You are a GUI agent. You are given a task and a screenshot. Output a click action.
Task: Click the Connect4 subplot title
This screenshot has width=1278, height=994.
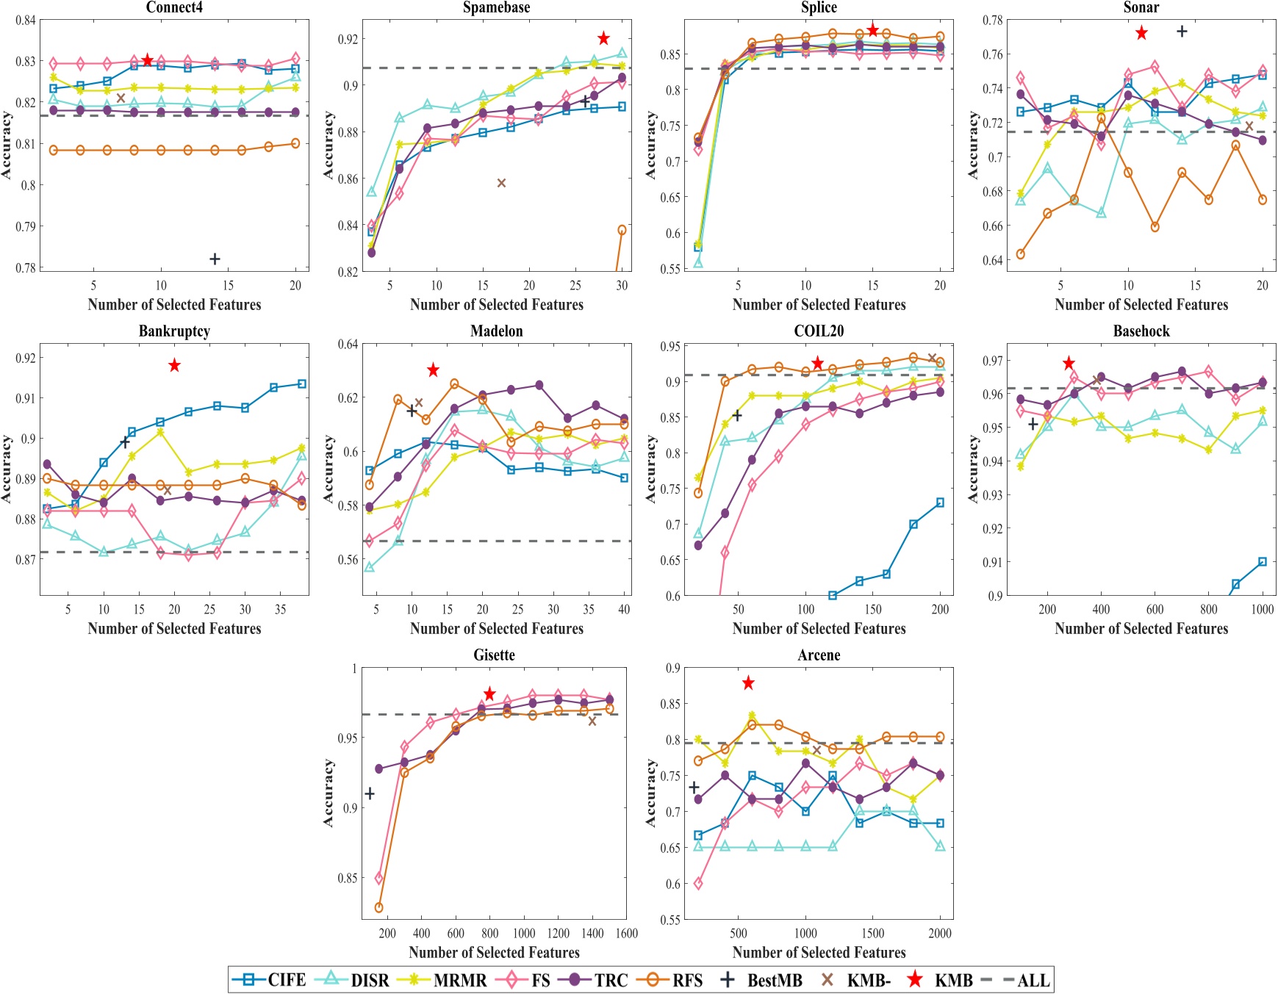[174, 7]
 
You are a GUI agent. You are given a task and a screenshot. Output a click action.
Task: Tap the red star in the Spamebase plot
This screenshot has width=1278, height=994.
[603, 38]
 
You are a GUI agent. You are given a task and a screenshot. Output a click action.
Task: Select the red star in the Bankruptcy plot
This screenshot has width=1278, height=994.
[174, 365]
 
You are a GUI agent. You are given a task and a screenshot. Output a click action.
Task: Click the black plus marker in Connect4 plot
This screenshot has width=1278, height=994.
[215, 259]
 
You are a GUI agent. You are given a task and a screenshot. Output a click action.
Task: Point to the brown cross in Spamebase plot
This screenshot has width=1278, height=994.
[501, 183]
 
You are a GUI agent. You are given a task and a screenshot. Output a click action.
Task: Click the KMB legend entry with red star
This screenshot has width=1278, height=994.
[941, 980]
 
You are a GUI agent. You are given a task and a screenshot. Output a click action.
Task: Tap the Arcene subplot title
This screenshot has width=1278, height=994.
[819, 655]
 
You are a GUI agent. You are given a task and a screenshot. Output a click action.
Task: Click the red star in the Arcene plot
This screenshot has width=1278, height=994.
[748, 683]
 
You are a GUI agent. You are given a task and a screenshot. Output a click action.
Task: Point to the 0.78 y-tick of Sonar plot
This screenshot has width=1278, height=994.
[994, 20]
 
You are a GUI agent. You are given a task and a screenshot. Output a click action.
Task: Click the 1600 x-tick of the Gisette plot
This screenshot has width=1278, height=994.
[626, 933]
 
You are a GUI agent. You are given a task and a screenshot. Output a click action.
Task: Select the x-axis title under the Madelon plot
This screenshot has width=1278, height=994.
[497, 629]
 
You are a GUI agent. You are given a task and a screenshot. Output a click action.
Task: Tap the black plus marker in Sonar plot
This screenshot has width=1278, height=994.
[1182, 31]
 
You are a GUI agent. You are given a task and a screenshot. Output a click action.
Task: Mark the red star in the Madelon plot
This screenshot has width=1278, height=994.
[433, 370]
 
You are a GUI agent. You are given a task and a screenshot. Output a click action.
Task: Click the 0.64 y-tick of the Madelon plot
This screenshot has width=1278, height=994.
[348, 344]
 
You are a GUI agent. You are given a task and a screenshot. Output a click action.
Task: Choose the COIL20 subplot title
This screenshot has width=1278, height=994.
[819, 331]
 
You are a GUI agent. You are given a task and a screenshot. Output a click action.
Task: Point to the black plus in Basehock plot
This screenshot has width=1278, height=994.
[1033, 424]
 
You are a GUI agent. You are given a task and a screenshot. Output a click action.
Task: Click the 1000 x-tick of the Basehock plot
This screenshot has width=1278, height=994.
[1262, 609]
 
